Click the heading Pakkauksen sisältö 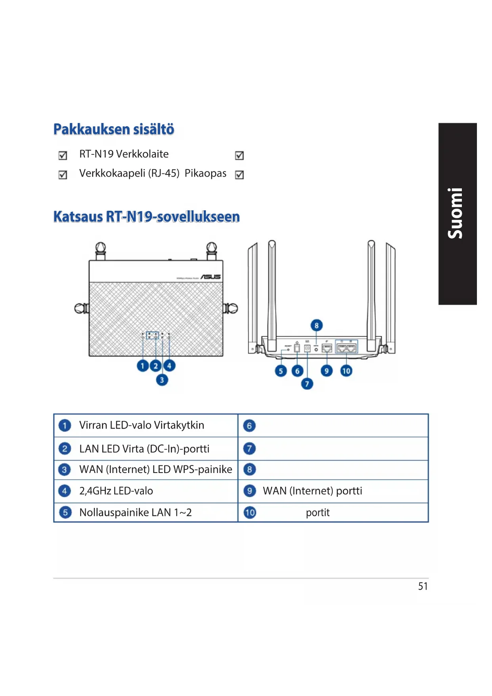tap(114, 129)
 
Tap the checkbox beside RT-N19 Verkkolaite tap(63, 156)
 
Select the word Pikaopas tap(205, 173)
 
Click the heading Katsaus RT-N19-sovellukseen tap(146, 217)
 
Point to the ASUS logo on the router tap(211, 277)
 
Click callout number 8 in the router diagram tap(316, 326)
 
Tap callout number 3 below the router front tap(162, 380)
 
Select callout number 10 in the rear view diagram tap(346, 371)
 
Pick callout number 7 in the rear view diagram tap(307, 384)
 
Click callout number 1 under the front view tap(143, 365)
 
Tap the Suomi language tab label tap(456, 213)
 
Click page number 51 tap(423, 586)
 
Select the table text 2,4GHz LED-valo tap(116, 491)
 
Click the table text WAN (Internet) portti tap(312, 491)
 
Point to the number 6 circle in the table tap(249, 426)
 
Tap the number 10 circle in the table tap(250, 513)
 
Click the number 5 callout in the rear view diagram tap(281, 371)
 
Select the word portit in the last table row tap(318, 513)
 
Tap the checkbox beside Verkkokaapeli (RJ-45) tap(63, 175)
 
